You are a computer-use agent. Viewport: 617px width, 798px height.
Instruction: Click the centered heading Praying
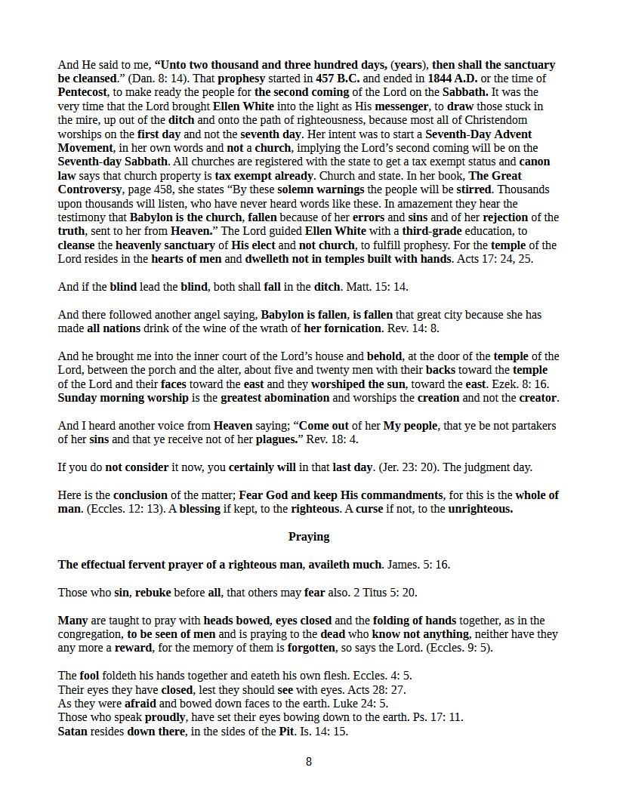pyautogui.click(x=308, y=537)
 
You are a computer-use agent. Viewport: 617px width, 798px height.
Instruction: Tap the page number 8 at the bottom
pyautogui.click(x=308, y=762)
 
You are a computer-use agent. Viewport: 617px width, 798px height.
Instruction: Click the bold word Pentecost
pyautogui.click(x=82, y=93)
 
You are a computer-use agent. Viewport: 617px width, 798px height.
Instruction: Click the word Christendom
pyautogui.click(x=495, y=120)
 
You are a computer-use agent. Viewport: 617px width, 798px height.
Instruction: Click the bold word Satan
pyautogui.click(x=73, y=732)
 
